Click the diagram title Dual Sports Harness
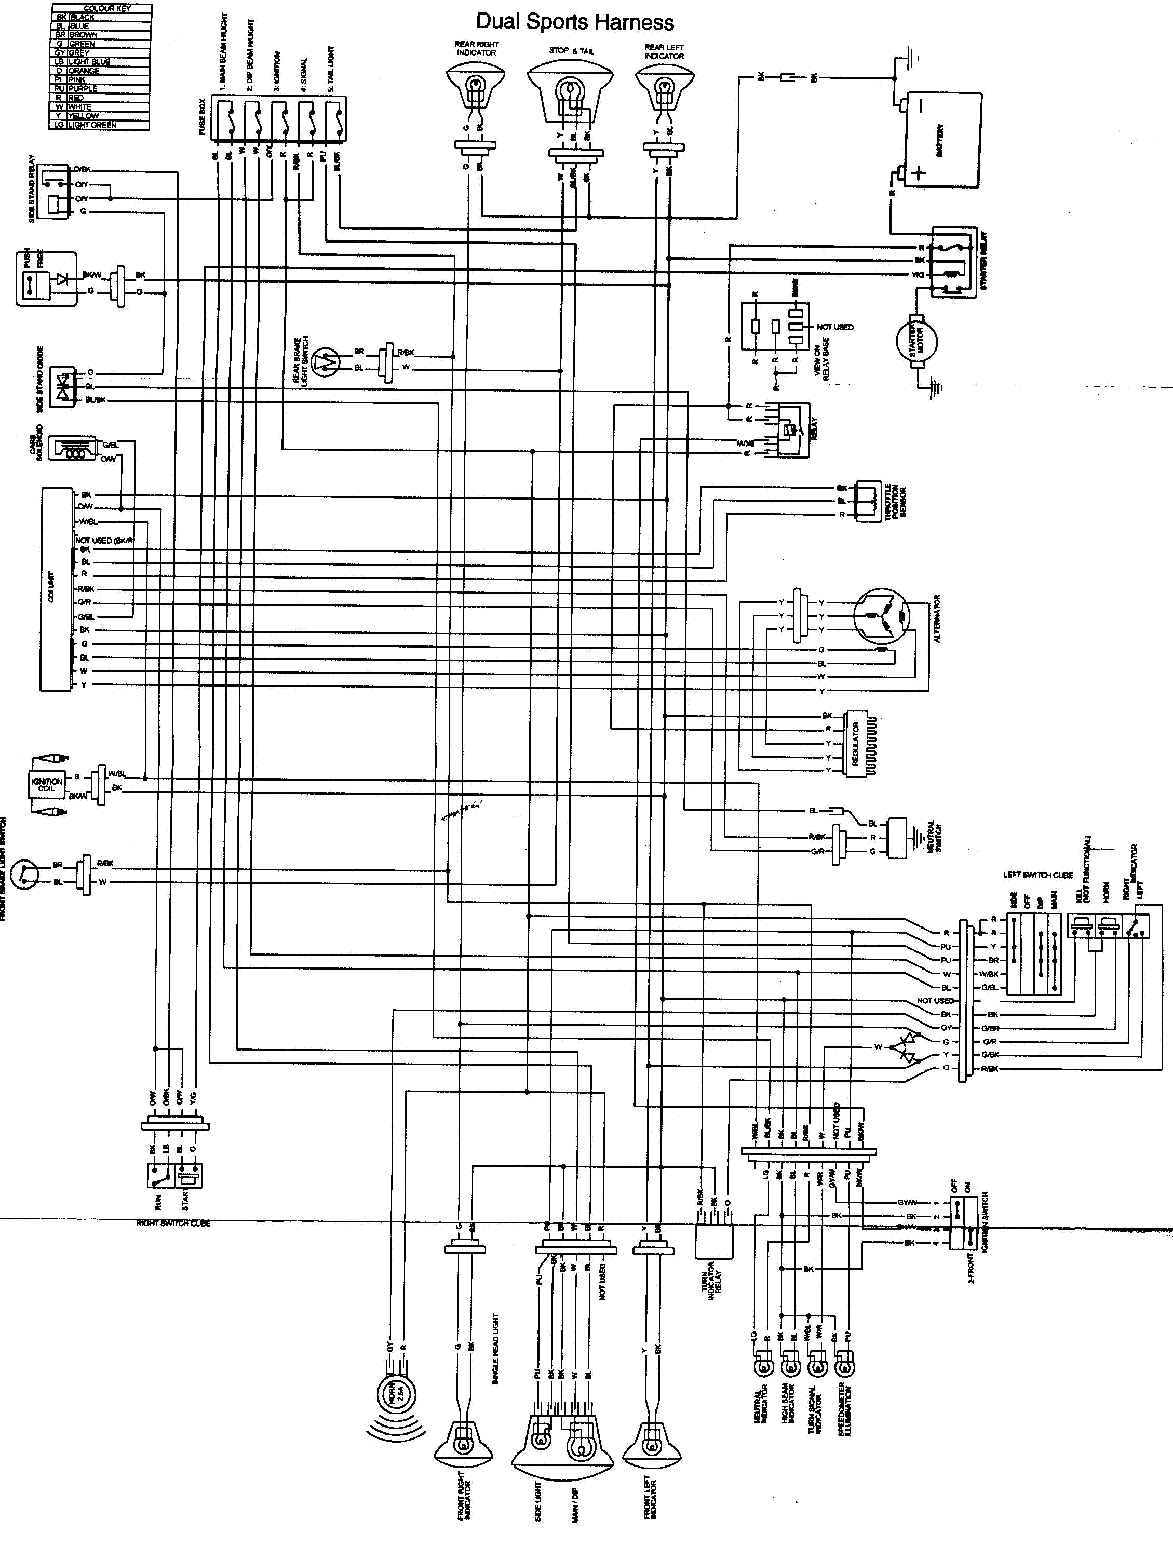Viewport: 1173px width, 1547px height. [x=575, y=22]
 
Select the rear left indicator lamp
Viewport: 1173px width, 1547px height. [x=664, y=89]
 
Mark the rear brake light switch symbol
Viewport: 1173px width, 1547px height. [x=325, y=361]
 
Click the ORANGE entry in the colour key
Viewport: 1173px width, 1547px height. [x=84, y=71]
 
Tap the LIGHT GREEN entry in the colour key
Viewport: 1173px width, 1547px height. [x=92, y=125]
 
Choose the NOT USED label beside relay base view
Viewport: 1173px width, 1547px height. [x=834, y=327]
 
